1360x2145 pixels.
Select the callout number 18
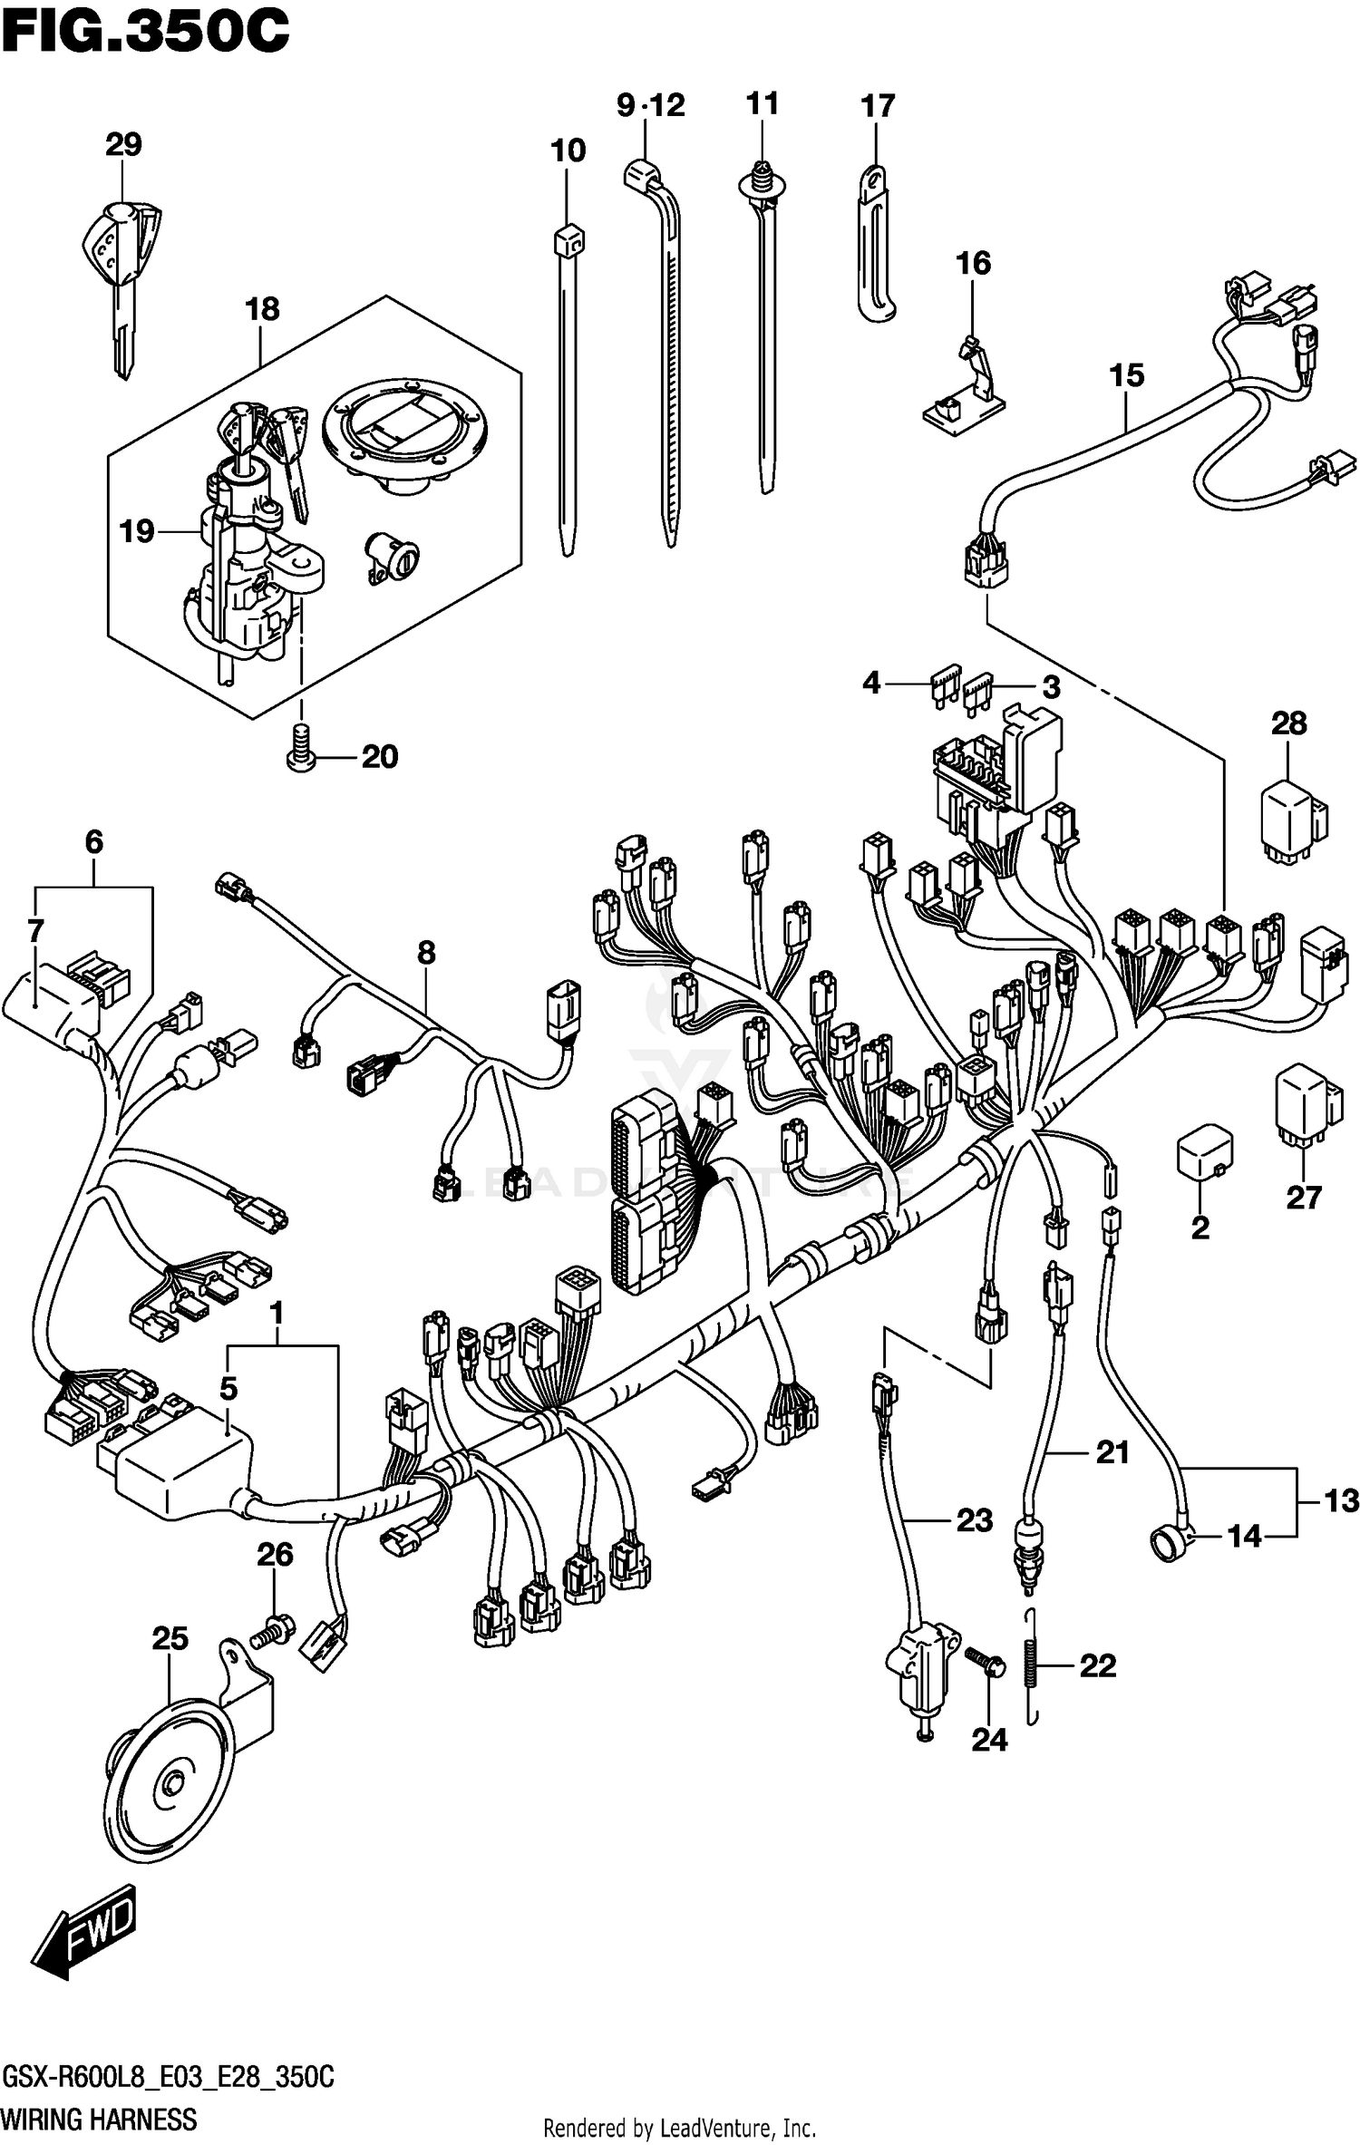[x=262, y=309]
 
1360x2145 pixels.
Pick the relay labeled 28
[x=1291, y=819]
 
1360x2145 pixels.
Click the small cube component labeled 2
[x=1204, y=1154]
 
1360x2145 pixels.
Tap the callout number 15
[x=1126, y=375]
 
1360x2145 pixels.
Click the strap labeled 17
[x=875, y=240]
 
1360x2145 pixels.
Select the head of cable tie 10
[x=568, y=241]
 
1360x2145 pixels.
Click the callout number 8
[x=426, y=953]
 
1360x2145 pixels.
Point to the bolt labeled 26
[x=272, y=1634]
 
